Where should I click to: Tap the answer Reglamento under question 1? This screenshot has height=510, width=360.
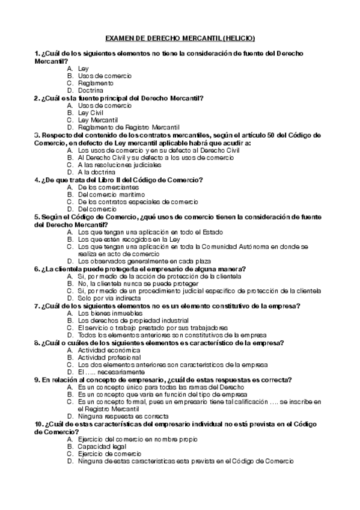(96, 83)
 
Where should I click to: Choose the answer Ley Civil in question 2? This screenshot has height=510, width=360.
(91, 112)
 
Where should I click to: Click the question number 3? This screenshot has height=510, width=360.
(37, 134)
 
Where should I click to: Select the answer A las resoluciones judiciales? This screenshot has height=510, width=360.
(120, 164)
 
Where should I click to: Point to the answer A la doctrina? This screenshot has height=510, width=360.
(97, 171)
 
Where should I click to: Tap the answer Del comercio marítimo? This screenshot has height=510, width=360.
(111, 194)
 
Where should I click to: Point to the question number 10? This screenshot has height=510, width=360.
(39, 423)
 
